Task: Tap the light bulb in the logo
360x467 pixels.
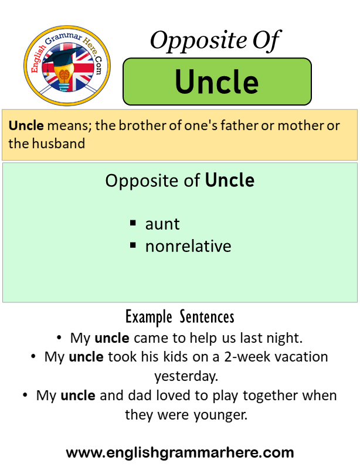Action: pos(64,78)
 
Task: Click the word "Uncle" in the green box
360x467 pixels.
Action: pos(217,81)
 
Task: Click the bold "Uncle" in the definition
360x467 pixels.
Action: pos(26,125)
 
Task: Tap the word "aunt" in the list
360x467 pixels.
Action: pos(162,224)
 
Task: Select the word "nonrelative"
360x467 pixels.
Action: pos(188,246)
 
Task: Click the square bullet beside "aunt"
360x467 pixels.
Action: pos(133,223)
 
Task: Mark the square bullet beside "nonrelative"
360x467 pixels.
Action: pos(133,246)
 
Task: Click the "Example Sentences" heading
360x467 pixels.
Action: pos(179,317)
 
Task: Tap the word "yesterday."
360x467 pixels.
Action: pos(186,376)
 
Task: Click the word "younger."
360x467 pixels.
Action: pos(220,415)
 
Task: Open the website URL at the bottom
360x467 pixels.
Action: pos(180,453)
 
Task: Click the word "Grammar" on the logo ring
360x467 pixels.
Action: pos(63,38)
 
